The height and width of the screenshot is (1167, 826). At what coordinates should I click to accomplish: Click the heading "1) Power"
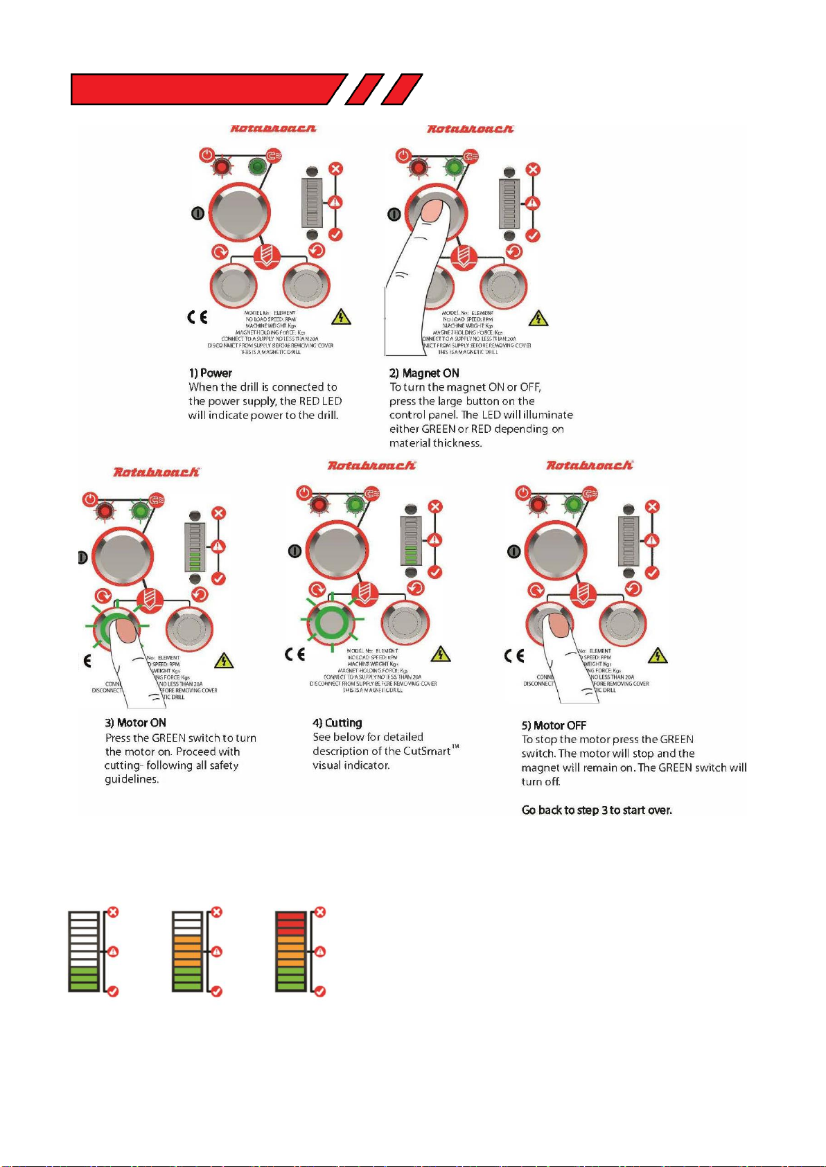click(210, 373)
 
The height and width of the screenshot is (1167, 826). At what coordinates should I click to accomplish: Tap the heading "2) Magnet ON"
click(424, 373)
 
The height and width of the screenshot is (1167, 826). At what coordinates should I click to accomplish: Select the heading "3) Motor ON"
click(135, 723)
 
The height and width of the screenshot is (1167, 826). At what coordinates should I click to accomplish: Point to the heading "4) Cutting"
click(337, 723)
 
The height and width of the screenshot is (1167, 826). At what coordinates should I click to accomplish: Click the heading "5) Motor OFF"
click(554, 726)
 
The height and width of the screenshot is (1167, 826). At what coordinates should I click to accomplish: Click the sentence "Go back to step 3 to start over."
click(597, 810)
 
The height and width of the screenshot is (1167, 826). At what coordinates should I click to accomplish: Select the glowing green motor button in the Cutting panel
click(331, 621)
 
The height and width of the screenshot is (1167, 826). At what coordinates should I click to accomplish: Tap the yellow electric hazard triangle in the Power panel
click(341, 317)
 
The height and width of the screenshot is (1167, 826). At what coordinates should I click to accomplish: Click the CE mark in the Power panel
click(197, 317)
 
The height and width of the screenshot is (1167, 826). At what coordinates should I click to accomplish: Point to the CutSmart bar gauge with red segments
click(290, 951)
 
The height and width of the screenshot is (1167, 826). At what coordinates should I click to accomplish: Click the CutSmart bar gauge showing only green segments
click(83, 951)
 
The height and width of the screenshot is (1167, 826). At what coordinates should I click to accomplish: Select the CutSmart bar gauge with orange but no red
click(187, 951)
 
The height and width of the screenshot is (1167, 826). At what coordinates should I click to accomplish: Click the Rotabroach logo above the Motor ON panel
click(156, 472)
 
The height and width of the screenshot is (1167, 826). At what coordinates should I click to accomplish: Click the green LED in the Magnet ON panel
click(454, 167)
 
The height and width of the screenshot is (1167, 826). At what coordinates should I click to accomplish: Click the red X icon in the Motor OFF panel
click(652, 507)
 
